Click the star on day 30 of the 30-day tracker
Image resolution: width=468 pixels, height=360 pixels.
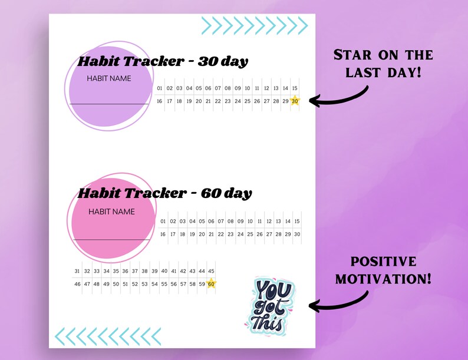295,101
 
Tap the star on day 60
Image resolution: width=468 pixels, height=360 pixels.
211,284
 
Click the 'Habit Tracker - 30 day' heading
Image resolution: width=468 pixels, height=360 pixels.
163,61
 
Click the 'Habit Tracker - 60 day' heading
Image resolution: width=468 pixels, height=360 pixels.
165,193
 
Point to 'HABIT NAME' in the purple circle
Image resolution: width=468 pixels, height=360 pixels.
109,78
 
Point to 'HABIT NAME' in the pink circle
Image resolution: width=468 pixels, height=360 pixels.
111,212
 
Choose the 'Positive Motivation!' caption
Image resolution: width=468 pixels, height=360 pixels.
383,269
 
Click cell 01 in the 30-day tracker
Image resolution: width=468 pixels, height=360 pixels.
160,88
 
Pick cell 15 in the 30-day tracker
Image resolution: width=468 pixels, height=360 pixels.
295,88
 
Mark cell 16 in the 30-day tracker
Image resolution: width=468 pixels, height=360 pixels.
160,101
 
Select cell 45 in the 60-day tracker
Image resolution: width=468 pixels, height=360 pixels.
211,271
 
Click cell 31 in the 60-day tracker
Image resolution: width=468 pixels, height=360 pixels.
77,271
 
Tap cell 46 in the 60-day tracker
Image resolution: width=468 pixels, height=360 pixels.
77,284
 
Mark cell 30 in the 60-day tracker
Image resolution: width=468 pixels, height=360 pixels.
297,234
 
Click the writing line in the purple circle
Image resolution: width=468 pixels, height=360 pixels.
109,104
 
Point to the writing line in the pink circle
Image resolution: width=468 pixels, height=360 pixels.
111,239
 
